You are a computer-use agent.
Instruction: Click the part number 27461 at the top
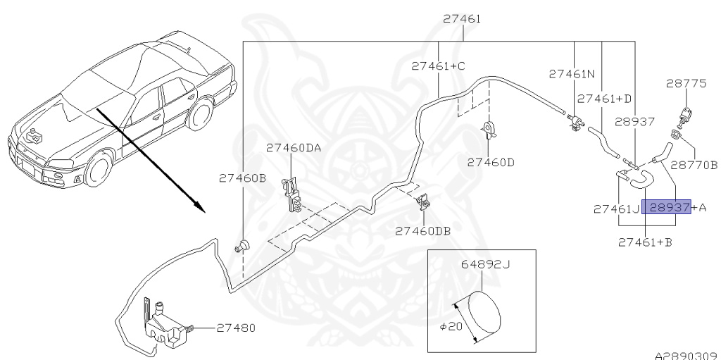(462, 19)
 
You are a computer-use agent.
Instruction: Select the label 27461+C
(438, 66)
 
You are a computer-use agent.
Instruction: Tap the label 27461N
(572, 73)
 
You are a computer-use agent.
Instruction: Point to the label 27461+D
(605, 99)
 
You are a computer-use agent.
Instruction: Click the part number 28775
(686, 84)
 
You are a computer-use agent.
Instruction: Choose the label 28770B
(694, 165)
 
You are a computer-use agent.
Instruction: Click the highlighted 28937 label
(669, 208)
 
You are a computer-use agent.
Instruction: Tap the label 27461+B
(644, 242)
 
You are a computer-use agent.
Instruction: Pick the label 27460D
(491, 162)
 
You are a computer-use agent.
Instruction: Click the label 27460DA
(293, 148)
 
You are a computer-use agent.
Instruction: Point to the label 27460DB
(422, 230)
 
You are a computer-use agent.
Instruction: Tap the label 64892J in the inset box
(485, 266)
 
